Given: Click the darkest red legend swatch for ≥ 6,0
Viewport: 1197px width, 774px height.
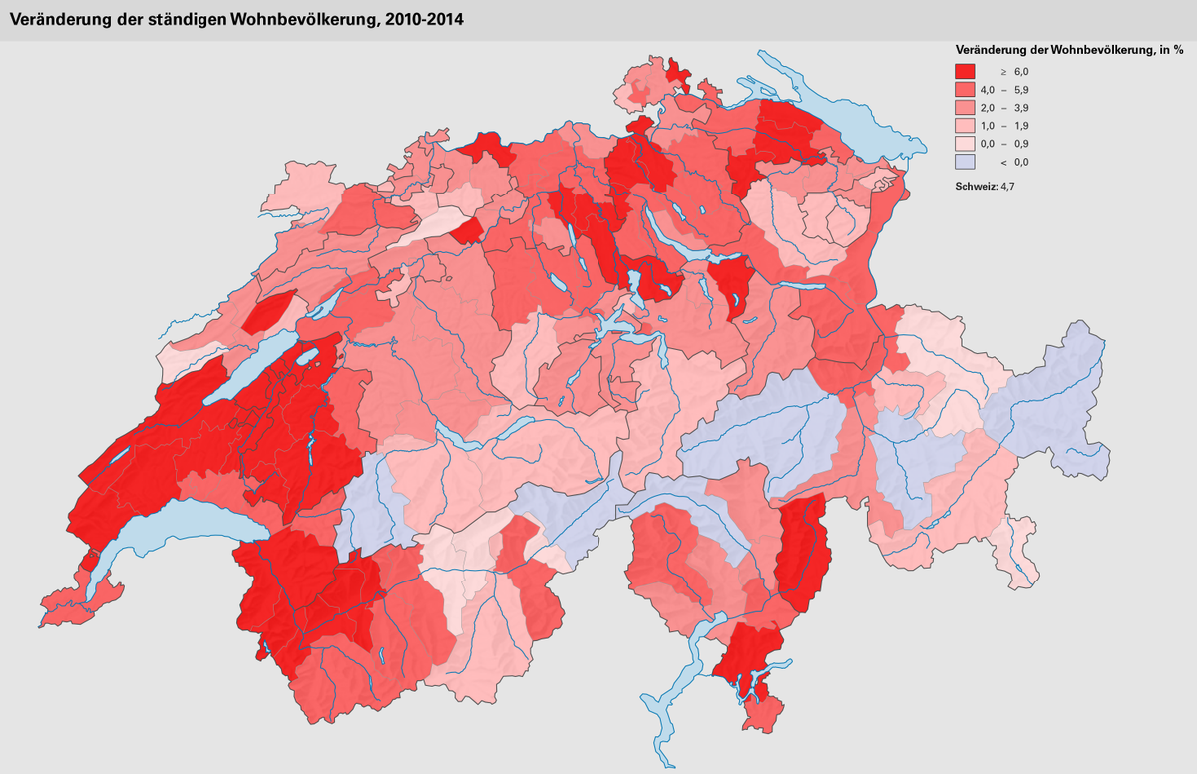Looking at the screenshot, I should pos(966,72).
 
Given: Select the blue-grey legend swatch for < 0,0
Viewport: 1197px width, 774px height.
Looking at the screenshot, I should pos(966,162).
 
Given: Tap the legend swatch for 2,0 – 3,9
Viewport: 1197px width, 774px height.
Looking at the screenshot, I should pos(966,108).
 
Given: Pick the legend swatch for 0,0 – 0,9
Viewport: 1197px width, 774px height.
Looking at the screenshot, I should pos(966,144).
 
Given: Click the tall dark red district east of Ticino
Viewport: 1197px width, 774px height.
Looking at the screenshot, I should pos(804,554).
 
